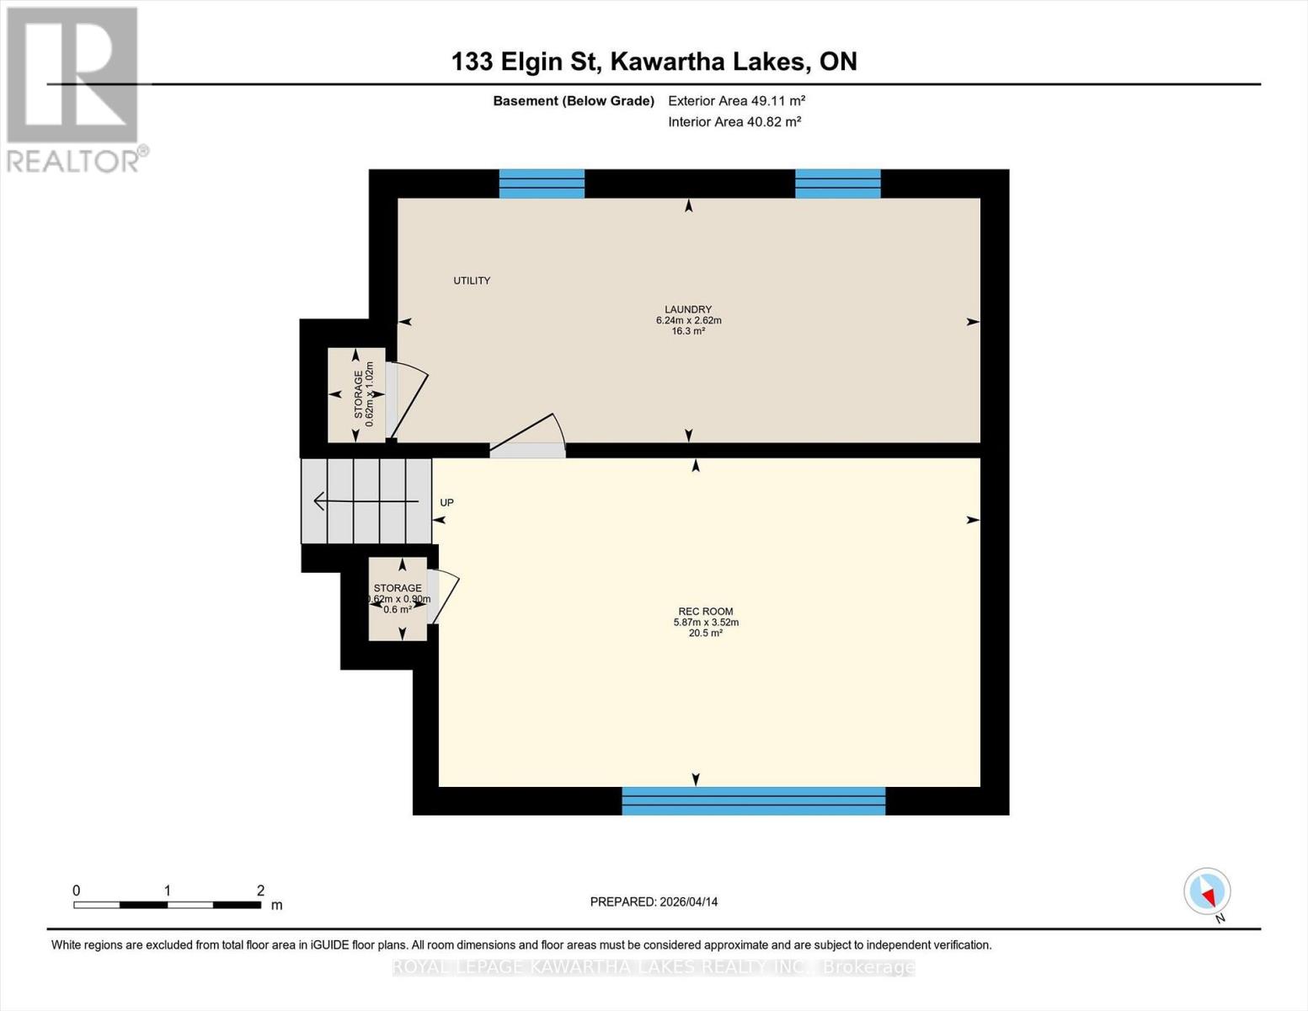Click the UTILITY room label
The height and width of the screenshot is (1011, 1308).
click(472, 281)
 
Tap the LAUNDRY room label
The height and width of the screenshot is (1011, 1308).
click(688, 309)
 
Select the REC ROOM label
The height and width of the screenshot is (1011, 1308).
click(706, 612)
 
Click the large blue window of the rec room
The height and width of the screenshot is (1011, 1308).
click(753, 800)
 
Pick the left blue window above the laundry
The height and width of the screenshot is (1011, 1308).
click(542, 184)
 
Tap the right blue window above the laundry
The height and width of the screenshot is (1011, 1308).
click(837, 184)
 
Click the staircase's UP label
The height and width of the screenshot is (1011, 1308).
click(446, 503)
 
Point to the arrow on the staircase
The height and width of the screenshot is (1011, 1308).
click(366, 501)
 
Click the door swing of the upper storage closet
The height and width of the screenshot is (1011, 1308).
click(408, 401)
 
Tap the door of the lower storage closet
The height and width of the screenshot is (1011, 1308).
click(443, 596)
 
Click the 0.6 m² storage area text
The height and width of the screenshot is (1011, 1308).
click(398, 609)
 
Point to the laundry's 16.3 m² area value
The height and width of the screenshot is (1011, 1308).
click(688, 332)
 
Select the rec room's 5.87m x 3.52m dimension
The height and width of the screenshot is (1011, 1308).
click(706, 623)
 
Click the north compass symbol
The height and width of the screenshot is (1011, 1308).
click(1207, 891)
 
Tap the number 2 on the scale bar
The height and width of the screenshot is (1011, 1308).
click(260, 891)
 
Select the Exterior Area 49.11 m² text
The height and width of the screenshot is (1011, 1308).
click(736, 101)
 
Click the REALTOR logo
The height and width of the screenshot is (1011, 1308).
click(74, 88)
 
